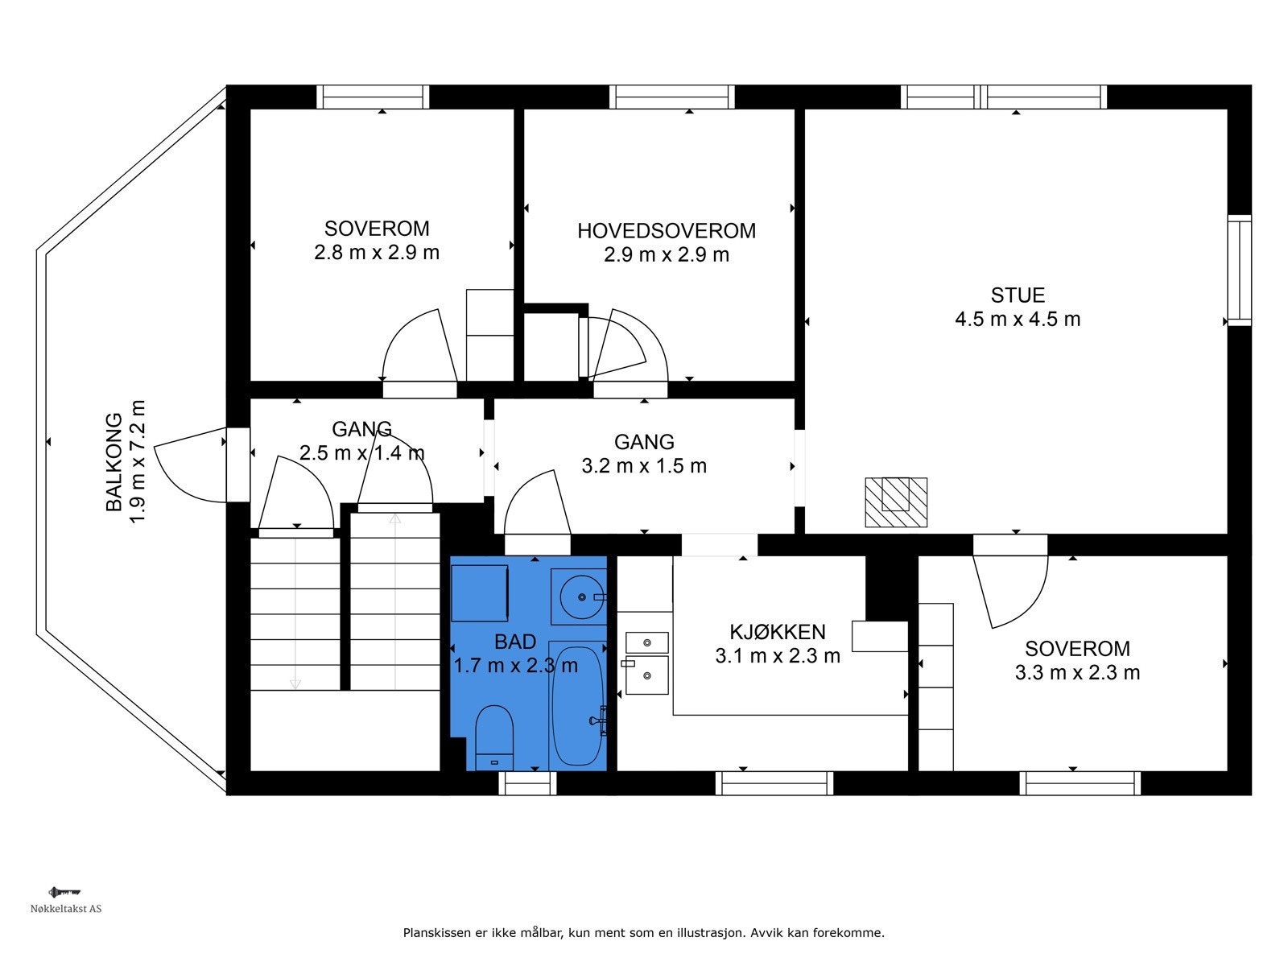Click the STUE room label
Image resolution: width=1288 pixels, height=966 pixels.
pyautogui.click(x=1018, y=295)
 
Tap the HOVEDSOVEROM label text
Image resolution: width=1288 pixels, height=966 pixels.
pyautogui.click(x=667, y=231)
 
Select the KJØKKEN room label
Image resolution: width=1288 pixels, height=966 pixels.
pyautogui.click(x=777, y=631)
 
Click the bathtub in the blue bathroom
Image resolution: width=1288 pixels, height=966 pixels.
pyautogui.click(x=576, y=705)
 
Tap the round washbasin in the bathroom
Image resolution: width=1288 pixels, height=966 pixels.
pyautogui.click(x=579, y=597)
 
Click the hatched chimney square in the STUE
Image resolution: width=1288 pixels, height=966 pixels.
pyautogui.click(x=896, y=502)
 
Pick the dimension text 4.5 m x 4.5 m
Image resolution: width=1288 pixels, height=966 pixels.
pyautogui.click(x=1018, y=320)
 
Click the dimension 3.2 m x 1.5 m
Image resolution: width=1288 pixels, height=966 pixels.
pyautogui.click(x=644, y=466)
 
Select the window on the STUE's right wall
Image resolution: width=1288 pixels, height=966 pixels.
pyautogui.click(x=1240, y=270)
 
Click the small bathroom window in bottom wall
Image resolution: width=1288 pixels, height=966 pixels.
pyautogui.click(x=527, y=782)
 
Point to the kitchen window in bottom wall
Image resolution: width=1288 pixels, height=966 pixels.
pyautogui.click(x=774, y=782)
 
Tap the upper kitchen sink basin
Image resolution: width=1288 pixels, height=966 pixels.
pyautogui.click(x=647, y=642)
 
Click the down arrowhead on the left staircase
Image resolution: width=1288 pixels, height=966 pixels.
pyautogui.click(x=295, y=683)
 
